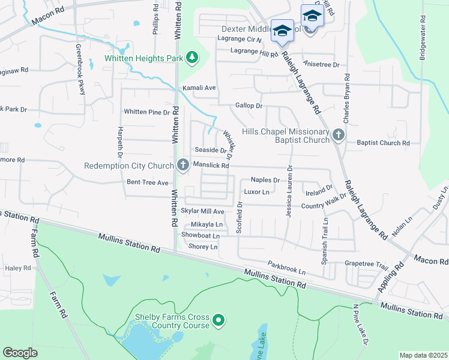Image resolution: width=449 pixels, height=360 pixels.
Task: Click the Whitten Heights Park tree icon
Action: (x=192, y=58)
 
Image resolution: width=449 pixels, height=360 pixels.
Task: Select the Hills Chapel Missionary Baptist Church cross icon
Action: (x=339, y=134)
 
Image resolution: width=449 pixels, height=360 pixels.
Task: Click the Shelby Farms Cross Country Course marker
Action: (x=218, y=320)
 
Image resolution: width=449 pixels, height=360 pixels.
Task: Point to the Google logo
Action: (x=20, y=353)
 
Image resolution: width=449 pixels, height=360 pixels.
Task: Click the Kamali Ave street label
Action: (x=199, y=88)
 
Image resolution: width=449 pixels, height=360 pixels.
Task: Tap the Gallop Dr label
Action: (x=249, y=106)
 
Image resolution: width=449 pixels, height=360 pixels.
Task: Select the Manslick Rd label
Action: (x=211, y=166)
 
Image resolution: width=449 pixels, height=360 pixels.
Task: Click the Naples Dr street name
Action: (x=265, y=179)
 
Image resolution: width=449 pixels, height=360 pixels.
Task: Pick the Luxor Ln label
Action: (x=256, y=192)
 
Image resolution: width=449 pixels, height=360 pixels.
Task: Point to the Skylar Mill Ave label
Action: (x=202, y=212)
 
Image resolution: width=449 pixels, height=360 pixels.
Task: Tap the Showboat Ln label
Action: (x=200, y=235)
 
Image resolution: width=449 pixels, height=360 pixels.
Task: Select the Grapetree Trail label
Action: (x=367, y=263)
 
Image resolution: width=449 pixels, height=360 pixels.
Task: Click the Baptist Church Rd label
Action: (x=383, y=143)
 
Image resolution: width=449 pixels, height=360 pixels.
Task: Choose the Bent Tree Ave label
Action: (x=148, y=182)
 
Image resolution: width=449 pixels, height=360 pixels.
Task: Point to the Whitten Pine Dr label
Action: (x=146, y=112)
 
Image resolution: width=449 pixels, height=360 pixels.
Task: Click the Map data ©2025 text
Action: (x=423, y=355)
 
